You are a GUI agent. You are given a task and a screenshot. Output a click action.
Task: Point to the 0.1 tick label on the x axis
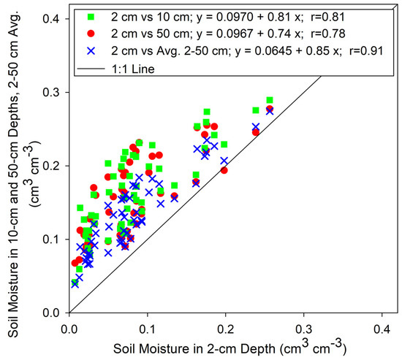coord(147,323)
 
